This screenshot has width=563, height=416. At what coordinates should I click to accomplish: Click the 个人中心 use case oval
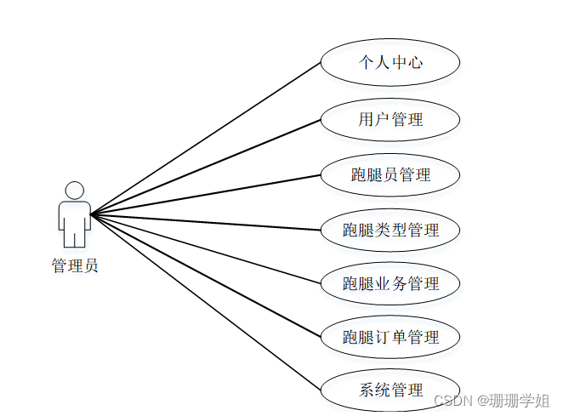pos(390,62)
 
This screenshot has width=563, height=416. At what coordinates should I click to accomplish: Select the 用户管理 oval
pos(390,119)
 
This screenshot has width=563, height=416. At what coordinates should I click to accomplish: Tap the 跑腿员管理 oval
pos(390,175)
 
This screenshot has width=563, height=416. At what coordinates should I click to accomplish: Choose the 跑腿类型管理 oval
pos(390,230)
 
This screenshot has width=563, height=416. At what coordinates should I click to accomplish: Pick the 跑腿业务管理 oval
pos(390,283)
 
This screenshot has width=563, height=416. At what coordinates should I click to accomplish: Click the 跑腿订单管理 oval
pos(390,337)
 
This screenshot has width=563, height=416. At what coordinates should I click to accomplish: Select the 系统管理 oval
pos(390,390)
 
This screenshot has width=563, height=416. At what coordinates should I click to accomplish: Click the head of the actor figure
pos(75,191)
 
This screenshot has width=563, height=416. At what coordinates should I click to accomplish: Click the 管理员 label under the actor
pos(75,265)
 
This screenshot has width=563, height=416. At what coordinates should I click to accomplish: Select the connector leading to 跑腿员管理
pos(204,195)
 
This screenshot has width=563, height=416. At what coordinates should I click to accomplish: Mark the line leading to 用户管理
pos(204,167)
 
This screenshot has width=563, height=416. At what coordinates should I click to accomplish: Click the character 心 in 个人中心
pos(415,62)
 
